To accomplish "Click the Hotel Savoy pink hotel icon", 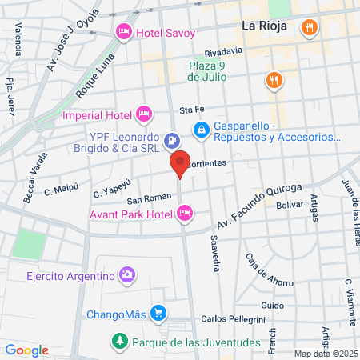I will coord(124,32).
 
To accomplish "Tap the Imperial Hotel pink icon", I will coord(144,114).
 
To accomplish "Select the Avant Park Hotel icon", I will coord(185,213).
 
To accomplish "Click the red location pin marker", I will coord(180,164).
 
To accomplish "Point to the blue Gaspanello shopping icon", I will coord(202,129).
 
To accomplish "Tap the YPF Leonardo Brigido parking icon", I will coord(170,142).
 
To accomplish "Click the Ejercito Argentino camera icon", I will coord(126,276).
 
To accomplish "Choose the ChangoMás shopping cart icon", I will coord(158,313).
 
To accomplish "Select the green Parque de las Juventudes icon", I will coord(119,342).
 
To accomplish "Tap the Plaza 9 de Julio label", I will coord(207,71).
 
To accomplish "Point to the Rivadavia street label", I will coord(222,50).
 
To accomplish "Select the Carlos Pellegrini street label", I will coord(231,319).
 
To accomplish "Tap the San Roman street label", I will coord(146,199).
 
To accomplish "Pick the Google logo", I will coord(26,350).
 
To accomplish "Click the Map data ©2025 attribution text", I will coord(325,354).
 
